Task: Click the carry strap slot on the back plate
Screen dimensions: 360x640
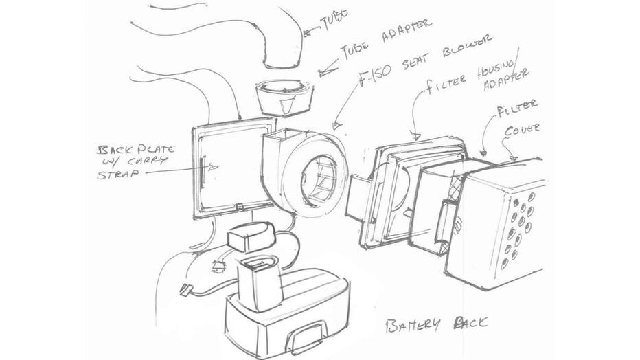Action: [205, 169]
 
